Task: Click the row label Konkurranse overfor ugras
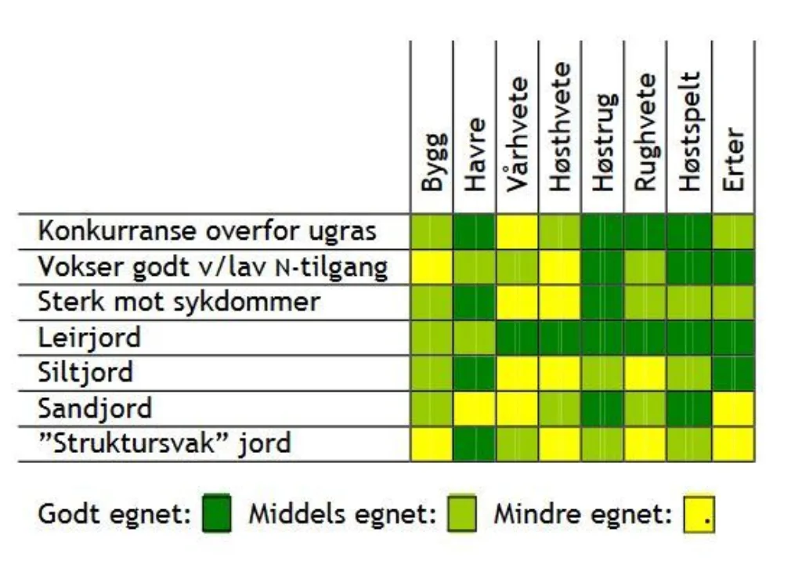point(208,231)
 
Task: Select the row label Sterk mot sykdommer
point(179,302)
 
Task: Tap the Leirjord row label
point(90,337)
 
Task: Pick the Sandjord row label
point(95,408)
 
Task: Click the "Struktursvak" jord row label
point(164,443)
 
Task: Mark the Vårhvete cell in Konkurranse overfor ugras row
point(517,231)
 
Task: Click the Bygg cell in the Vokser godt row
point(432,266)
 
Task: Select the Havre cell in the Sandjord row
point(475,408)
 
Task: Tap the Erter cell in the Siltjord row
point(733,372)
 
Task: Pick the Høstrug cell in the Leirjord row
point(603,337)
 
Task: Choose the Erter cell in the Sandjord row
point(733,408)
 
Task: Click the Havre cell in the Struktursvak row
point(475,443)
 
